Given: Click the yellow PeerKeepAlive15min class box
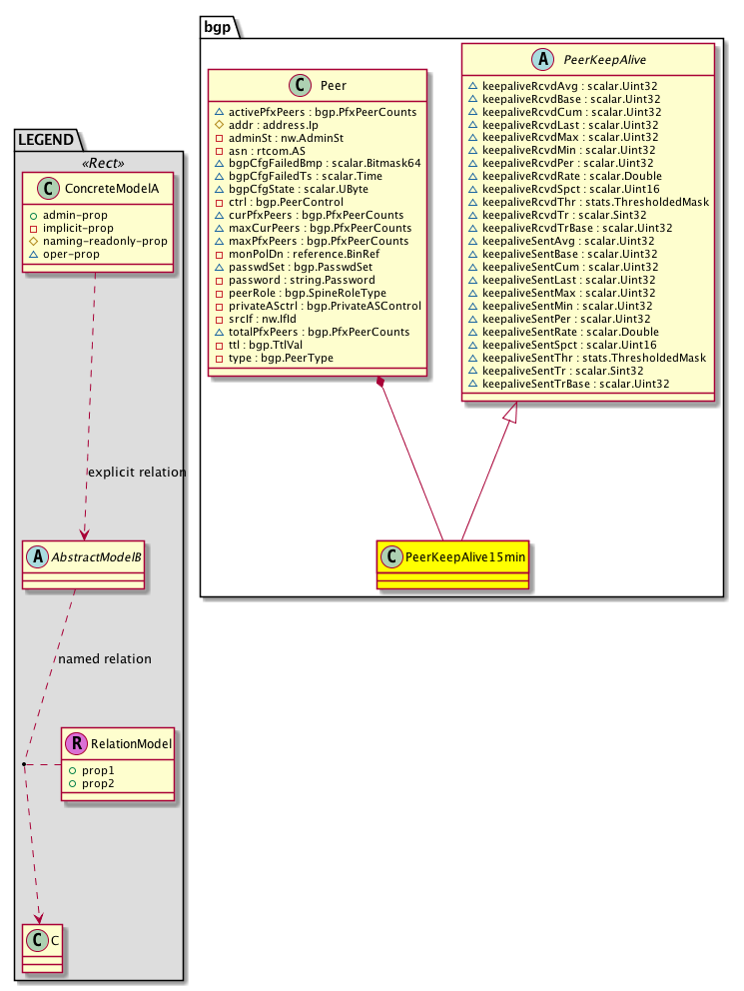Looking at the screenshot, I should coord(452,564).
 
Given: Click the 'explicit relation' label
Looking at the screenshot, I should coord(137,472).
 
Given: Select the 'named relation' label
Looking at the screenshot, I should coord(105,659).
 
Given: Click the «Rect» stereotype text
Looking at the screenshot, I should coord(99,163).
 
